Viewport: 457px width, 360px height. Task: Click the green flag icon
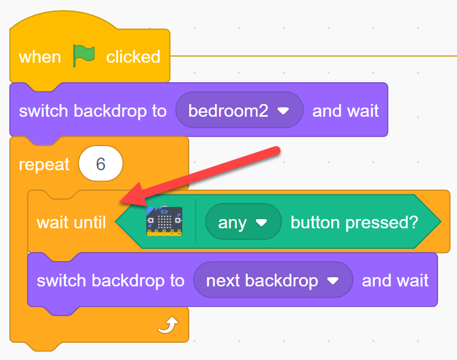point(84,55)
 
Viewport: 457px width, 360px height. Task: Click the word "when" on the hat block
point(40,57)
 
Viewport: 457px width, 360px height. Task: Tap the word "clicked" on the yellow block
point(133,56)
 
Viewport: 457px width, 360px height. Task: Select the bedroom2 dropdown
point(239,110)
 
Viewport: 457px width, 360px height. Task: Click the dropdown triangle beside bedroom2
point(283,111)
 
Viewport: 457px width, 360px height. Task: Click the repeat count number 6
point(101,164)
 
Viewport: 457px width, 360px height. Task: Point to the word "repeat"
point(44,164)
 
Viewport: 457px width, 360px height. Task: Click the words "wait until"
point(71,223)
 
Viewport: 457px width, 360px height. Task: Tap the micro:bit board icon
point(164,221)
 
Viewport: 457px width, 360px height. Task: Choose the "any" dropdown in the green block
point(243,222)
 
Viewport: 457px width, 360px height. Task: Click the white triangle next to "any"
point(262,223)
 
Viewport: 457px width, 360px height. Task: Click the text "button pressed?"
point(355,223)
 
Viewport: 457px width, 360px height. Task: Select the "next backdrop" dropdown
point(273,280)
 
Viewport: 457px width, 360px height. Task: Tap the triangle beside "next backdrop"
point(333,281)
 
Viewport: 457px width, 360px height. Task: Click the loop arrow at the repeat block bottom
point(168,325)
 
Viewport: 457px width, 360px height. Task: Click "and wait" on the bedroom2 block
point(345,111)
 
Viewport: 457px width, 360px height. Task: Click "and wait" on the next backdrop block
point(395,281)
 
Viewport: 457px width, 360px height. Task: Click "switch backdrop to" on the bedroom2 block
point(93,112)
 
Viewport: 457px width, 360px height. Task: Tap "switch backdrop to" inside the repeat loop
point(110,281)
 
